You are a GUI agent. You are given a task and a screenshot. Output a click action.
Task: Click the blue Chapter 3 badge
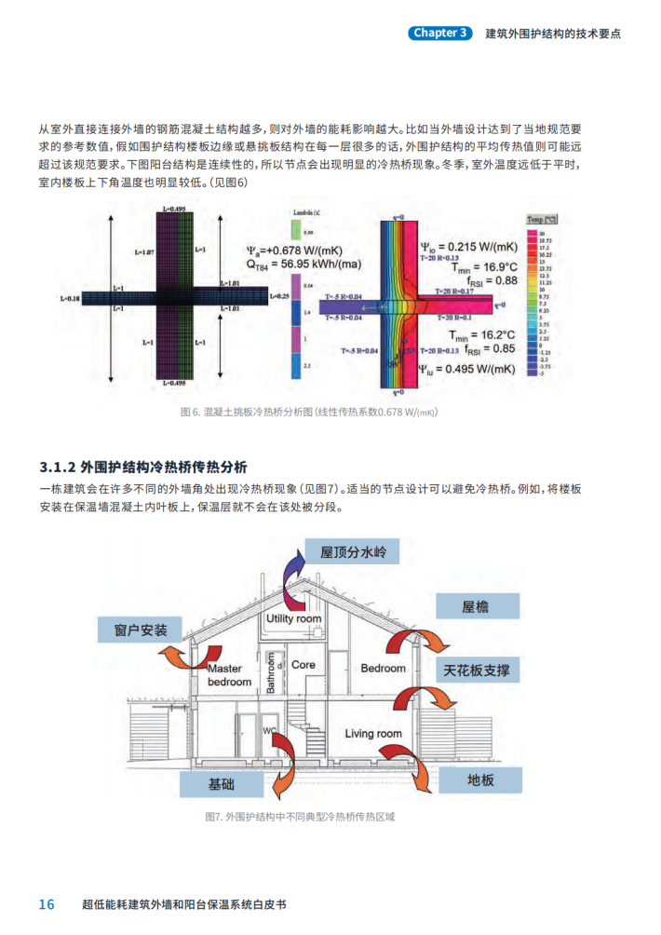(440, 33)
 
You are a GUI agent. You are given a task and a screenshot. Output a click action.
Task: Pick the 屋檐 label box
(475, 607)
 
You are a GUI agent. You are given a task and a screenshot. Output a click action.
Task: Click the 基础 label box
(222, 784)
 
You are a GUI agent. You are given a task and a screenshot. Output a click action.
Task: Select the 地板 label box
(479, 780)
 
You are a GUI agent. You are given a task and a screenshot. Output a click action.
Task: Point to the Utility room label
(293, 619)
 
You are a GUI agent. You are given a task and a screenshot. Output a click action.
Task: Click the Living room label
(373, 734)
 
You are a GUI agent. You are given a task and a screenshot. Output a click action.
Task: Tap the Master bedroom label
(229, 675)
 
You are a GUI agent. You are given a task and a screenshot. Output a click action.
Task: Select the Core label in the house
(304, 665)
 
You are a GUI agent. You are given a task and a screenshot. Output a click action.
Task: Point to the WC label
(270, 731)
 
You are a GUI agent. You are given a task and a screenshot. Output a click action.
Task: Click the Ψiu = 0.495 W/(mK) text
(466, 369)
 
